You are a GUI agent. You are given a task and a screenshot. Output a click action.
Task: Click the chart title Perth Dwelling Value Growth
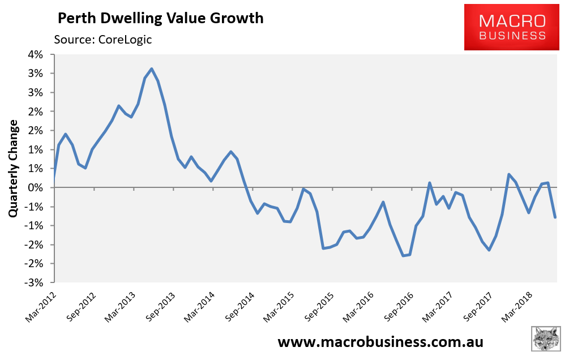[x=161, y=18]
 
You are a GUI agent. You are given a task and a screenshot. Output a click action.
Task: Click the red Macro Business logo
[x=512, y=27]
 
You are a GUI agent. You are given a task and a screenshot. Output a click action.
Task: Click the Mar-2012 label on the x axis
[x=41, y=307]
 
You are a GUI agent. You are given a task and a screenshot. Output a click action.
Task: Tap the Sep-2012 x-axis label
[x=81, y=307]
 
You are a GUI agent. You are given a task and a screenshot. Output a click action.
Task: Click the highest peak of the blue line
[x=152, y=69]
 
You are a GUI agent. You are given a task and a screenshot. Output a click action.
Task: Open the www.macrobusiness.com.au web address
[x=380, y=342]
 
